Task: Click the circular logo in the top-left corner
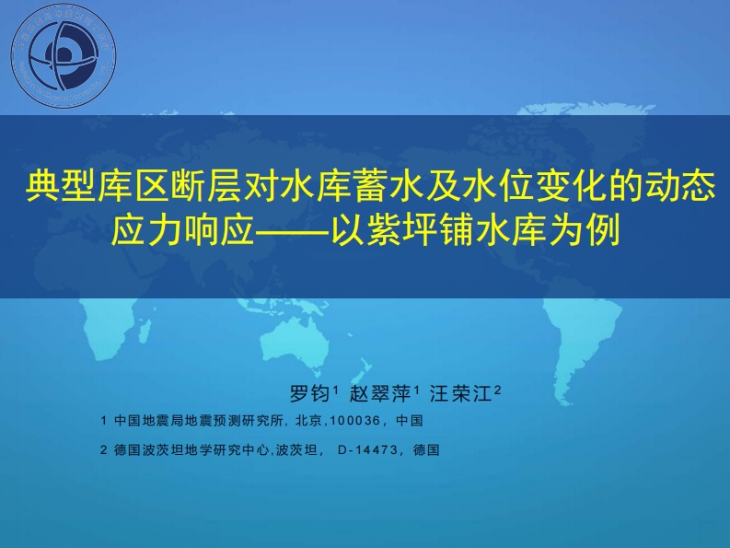tap(64, 59)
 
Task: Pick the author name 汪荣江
tap(463, 394)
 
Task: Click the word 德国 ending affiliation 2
tap(427, 451)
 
